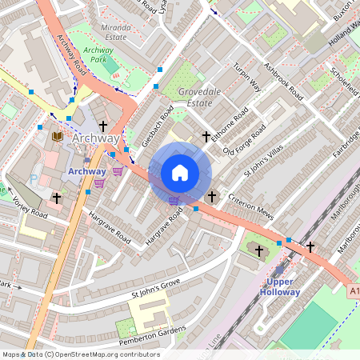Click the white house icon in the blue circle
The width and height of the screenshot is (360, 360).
[180, 173]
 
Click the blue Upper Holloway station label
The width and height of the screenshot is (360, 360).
[279, 286]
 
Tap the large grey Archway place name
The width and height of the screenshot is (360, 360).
[95, 139]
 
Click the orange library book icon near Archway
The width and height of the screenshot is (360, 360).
[57, 137]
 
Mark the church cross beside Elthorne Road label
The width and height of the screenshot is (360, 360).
[206, 137]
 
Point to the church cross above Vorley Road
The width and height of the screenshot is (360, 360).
[57, 197]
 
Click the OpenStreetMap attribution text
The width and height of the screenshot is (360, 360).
[80, 354]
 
